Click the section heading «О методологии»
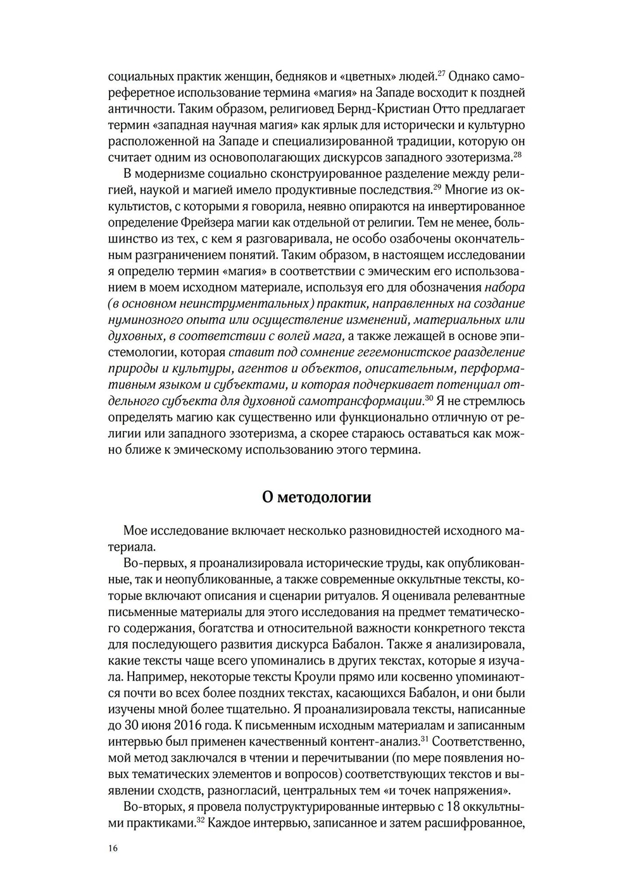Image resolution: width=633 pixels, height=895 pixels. pyautogui.click(x=316, y=497)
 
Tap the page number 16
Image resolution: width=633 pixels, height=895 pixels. pyautogui.click(x=113, y=849)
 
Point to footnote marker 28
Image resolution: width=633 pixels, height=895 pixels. pyautogui.click(x=518, y=154)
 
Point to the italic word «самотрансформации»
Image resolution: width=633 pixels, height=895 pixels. pyautogui.click(x=361, y=401)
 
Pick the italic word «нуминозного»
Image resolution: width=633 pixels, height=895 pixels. pyautogui.click(x=144, y=320)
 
